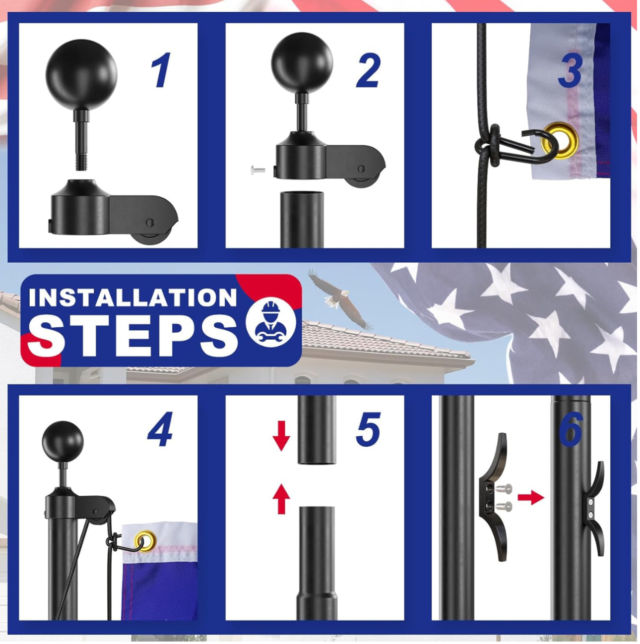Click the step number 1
(x=161, y=71)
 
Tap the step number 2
(x=368, y=71)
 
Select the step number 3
(x=570, y=71)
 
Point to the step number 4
(x=160, y=429)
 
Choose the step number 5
(x=368, y=429)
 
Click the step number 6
(x=571, y=429)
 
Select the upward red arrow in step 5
(x=281, y=499)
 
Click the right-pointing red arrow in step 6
(x=530, y=497)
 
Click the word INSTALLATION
(x=132, y=297)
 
